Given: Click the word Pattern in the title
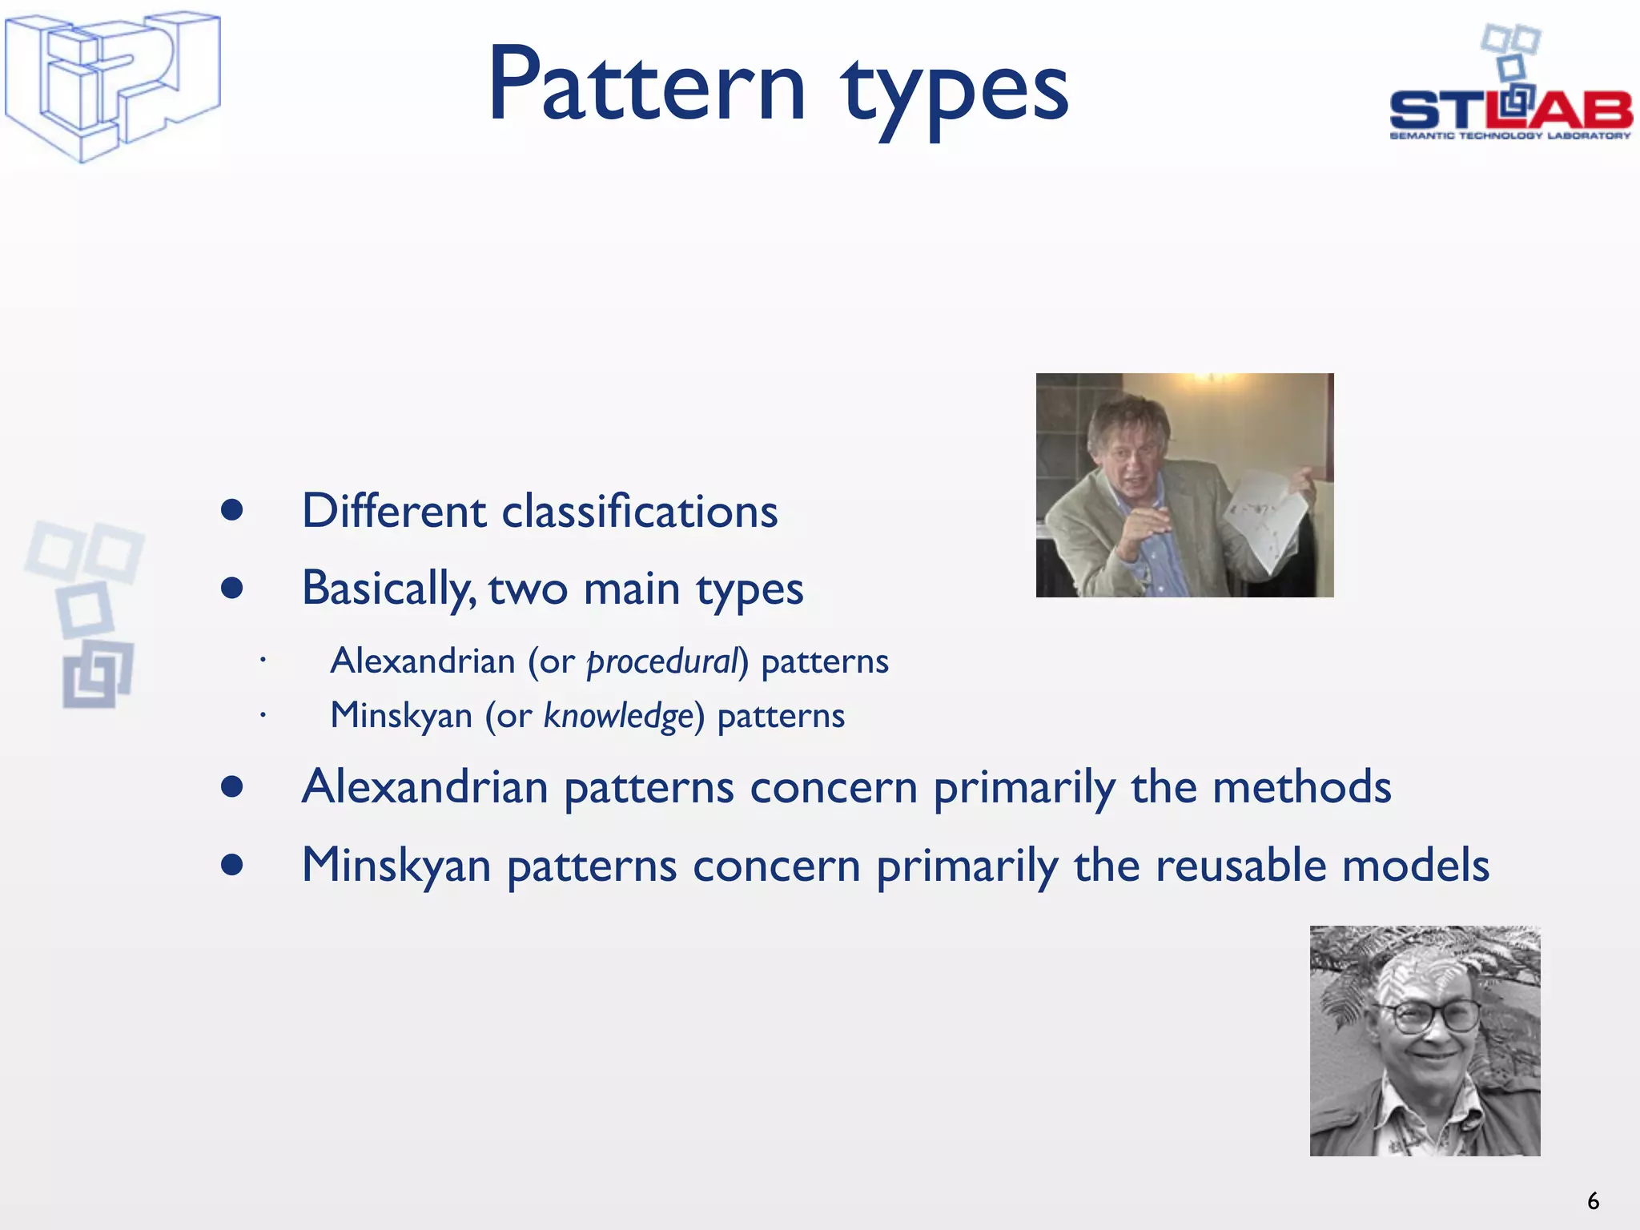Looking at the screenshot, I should click(647, 86).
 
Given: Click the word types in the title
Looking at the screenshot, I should click(955, 90).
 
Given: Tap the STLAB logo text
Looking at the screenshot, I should click(1510, 110).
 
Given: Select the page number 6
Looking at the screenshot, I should click(1593, 1201).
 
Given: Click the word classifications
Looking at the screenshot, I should click(639, 512).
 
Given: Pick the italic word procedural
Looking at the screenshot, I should click(661, 662).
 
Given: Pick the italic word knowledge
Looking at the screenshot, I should click(617, 716).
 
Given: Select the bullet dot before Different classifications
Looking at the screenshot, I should click(232, 511).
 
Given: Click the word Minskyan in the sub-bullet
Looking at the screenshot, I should click(401, 716).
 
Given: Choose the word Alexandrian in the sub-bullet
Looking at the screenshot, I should click(423, 662).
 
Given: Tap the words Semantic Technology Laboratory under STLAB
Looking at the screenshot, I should click(1510, 136).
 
